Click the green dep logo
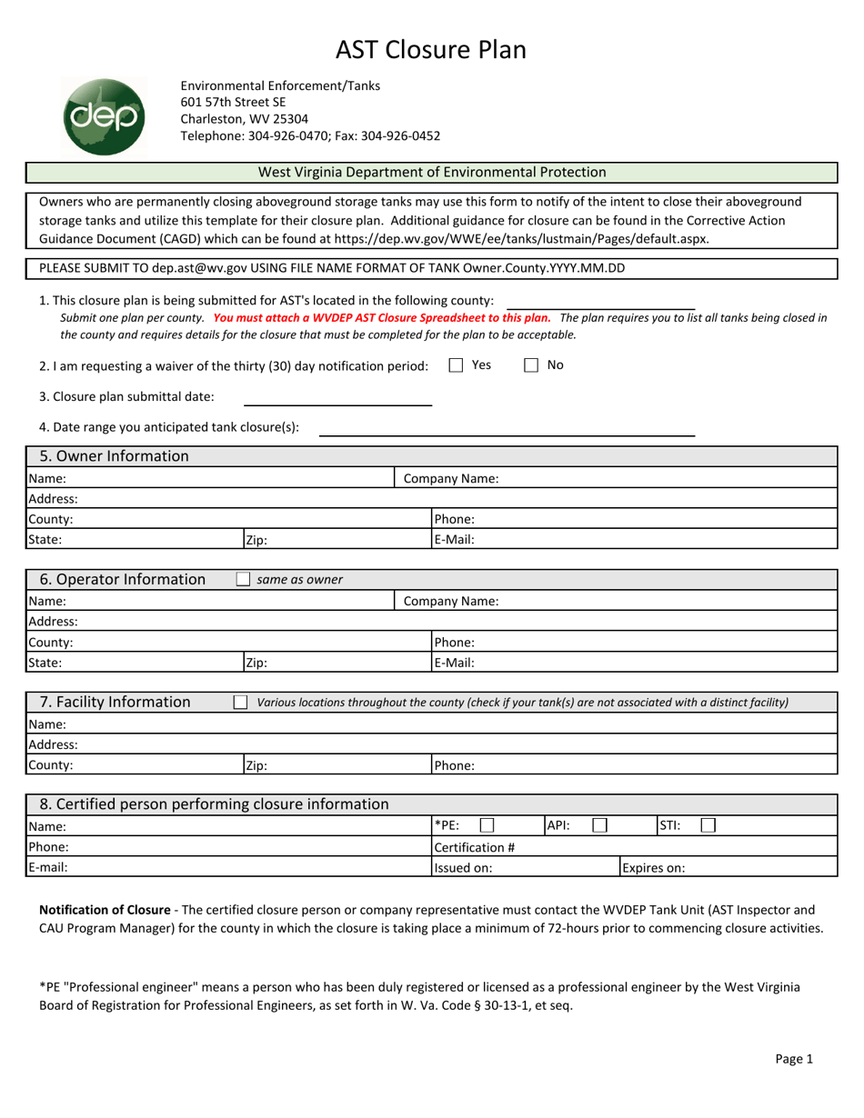click(x=105, y=115)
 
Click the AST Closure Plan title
click(x=431, y=49)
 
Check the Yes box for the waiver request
click(x=457, y=365)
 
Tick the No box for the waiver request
click(x=532, y=365)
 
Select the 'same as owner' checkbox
click(x=243, y=579)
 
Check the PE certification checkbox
click(x=487, y=825)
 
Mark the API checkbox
click(x=599, y=825)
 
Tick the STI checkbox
click(x=708, y=825)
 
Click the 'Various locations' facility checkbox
click(x=240, y=702)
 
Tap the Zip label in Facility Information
click(x=256, y=765)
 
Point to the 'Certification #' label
click(x=475, y=847)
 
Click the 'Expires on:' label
click(x=653, y=868)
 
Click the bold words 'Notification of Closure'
click(x=104, y=910)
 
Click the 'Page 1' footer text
click(x=794, y=1058)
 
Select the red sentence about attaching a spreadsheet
click(x=382, y=318)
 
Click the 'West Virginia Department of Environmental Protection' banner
click(x=432, y=172)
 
